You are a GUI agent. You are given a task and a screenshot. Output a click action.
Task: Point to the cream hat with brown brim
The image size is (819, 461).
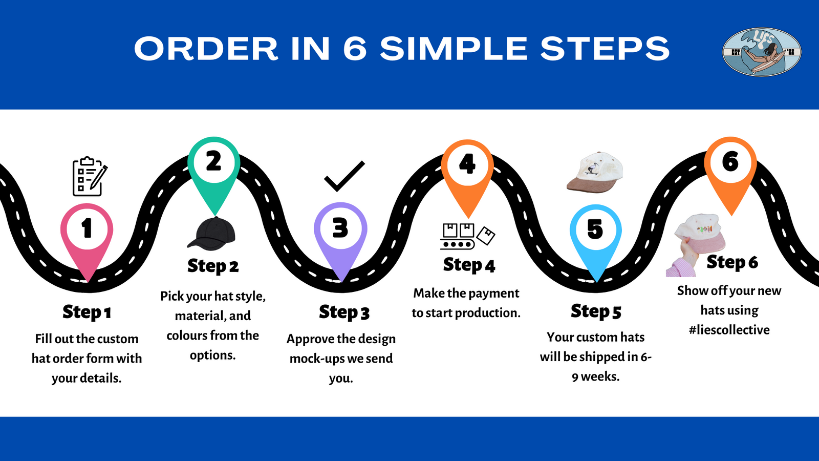coord(595,173)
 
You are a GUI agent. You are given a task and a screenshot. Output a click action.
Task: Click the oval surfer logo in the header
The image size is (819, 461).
coord(762,52)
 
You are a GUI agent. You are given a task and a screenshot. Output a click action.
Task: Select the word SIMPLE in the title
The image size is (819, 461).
coord(454,49)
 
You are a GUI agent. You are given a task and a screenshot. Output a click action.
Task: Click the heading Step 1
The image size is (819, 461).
coord(87,312)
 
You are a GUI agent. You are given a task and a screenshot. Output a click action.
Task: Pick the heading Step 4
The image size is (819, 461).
coord(469,265)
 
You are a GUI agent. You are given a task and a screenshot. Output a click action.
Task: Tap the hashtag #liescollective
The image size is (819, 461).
coord(729,330)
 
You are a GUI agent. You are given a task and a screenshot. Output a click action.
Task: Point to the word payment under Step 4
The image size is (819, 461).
coord(494,293)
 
